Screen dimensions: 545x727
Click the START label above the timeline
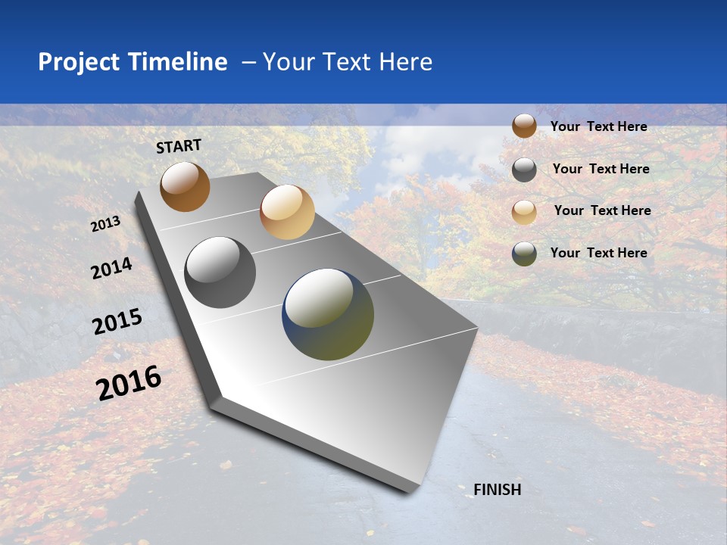point(179,146)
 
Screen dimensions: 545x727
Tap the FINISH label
point(498,490)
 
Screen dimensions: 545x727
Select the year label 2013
point(106,224)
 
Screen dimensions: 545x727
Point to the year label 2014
point(112,269)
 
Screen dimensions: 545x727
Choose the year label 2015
point(117,322)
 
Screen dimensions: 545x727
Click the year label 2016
point(129,383)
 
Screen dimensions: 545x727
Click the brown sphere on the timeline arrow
point(185,186)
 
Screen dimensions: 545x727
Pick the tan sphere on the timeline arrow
point(287,212)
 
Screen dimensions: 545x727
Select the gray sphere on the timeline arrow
point(220,272)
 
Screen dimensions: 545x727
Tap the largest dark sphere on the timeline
point(328,314)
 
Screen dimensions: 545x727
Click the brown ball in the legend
point(524,126)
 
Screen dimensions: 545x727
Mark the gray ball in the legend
point(524,170)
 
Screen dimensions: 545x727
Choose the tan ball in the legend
point(524,211)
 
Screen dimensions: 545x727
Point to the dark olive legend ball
point(524,254)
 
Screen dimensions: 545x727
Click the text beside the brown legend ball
point(598,126)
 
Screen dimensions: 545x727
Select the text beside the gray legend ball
point(601,169)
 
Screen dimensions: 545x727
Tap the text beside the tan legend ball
point(602,210)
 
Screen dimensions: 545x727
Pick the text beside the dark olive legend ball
point(598,253)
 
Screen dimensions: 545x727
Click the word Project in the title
point(78,62)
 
